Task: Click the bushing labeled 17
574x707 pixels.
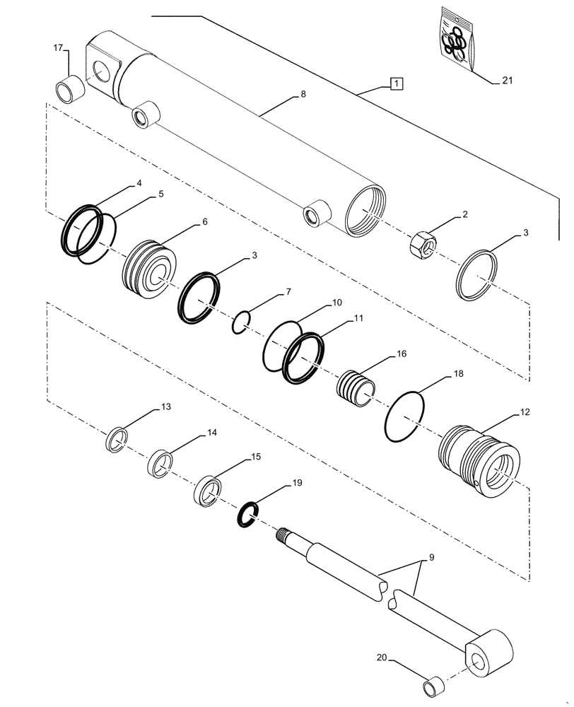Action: point(69,88)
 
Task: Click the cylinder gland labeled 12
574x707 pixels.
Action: point(479,452)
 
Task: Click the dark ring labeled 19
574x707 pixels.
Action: point(246,514)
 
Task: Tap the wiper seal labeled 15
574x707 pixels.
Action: point(208,491)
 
